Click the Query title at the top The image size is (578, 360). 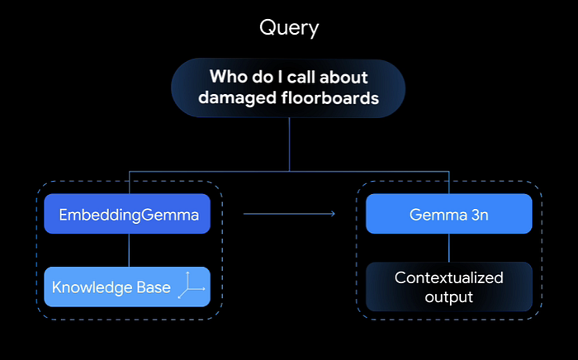coord(289,28)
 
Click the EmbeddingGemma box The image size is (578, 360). coord(127,214)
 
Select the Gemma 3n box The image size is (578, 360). coord(449,214)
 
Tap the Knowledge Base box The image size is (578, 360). coord(127,287)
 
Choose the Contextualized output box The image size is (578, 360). coord(449,287)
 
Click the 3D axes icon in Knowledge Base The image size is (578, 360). coord(191,285)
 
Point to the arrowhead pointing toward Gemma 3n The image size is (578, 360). coord(334,214)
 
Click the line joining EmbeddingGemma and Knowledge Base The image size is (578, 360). coord(129,250)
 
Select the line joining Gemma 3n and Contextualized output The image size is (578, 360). coord(449,248)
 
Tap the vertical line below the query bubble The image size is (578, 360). coord(289,144)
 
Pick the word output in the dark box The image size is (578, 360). coord(448,297)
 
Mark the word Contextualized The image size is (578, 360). coord(448,277)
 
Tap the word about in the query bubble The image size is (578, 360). coord(343,77)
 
